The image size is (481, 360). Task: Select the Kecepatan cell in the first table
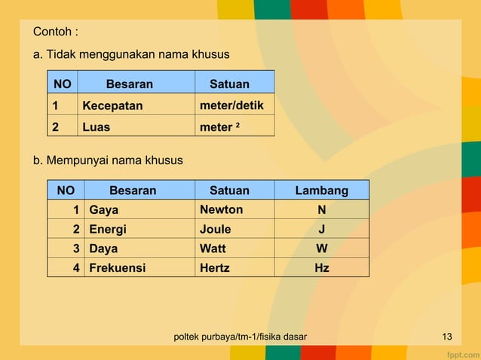click(112, 106)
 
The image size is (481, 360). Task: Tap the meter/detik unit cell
click(231, 105)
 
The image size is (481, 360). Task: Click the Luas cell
click(96, 127)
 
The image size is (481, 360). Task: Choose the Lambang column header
click(321, 191)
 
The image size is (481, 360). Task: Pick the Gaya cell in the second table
click(104, 210)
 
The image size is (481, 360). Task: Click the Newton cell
click(221, 209)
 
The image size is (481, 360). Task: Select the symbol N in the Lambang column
click(322, 210)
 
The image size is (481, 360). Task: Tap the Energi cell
click(108, 230)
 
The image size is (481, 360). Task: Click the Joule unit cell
click(215, 230)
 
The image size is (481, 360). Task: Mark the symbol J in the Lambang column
click(322, 230)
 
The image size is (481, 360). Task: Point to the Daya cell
click(103, 249)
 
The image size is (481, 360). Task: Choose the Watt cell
click(213, 249)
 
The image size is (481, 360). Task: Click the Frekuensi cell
click(117, 267)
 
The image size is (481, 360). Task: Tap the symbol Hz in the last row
click(322, 267)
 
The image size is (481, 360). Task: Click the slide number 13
click(447, 336)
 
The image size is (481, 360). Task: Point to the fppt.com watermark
click(461, 352)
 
